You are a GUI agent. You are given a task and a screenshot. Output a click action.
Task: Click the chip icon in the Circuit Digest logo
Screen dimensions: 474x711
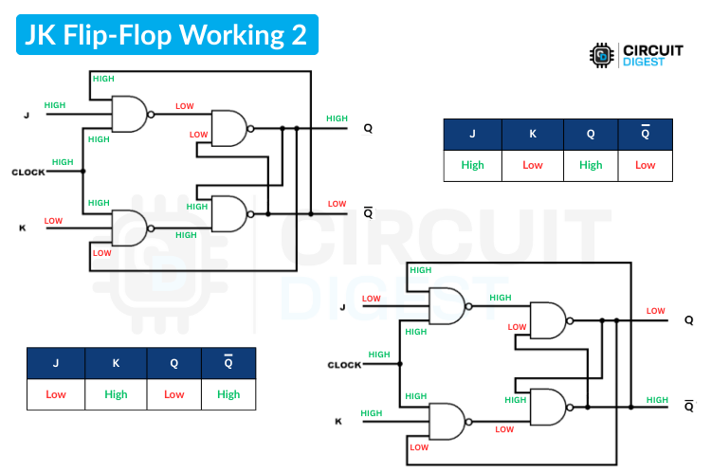[601, 56]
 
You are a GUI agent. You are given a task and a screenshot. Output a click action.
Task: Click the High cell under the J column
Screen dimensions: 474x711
[472, 165]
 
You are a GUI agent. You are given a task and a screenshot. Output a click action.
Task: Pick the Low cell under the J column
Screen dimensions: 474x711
[56, 393]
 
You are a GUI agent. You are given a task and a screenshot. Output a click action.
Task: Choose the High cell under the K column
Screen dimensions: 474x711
[116, 393]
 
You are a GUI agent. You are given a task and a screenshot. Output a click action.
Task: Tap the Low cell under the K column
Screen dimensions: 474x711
[533, 165]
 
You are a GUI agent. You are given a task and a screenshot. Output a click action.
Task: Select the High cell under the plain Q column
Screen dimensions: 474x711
[590, 165]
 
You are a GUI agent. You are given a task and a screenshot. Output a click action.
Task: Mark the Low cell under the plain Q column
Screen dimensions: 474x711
[174, 393]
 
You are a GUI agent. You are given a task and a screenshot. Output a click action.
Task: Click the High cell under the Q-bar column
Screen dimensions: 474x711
[228, 393]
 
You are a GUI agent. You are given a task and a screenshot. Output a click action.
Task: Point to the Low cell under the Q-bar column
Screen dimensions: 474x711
[645, 165]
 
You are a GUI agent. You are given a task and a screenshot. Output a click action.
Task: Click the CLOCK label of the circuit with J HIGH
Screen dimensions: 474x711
[28, 173]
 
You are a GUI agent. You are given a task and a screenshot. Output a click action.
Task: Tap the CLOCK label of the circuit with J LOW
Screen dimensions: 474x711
[345, 365]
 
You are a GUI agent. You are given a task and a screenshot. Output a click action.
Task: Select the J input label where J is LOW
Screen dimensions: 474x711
[343, 307]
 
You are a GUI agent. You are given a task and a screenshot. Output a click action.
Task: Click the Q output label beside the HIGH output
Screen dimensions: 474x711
[368, 129]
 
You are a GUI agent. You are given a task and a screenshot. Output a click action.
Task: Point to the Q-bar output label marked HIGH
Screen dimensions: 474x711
[689, 406]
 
